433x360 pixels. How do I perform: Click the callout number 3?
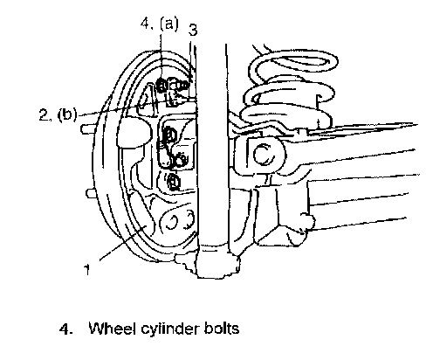tap(193, 30)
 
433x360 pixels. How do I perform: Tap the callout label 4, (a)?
tap(159, 24)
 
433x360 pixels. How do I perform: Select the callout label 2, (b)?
tap(58, 114)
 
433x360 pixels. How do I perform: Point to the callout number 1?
tap(87, 270)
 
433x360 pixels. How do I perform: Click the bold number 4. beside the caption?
tap(66, 329)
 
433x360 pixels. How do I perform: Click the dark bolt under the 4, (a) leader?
tap(162, 86)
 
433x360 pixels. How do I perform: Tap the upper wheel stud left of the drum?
tap(86, 128)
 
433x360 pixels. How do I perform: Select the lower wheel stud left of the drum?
tap(91, 193)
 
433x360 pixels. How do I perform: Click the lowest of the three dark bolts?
tap(174, 182)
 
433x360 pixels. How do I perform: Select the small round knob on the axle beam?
tap(308, 222)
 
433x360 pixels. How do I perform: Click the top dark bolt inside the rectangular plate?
tap(169, 135)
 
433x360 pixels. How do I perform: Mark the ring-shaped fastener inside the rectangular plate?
tap(179, 161)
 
